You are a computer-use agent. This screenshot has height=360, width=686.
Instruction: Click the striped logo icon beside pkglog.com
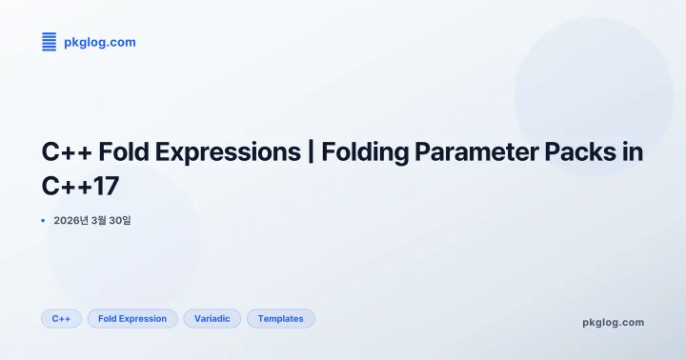click(x=50, y=42)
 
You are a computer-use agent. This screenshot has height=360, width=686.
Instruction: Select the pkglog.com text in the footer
click(x=613, y=322)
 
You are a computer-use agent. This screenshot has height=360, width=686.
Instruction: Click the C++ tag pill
click(x=61, y=318)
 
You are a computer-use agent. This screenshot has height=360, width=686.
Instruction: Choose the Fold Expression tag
click(x=132, y=318)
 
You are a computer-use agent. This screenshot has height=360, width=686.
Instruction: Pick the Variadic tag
click(x=212, y=318)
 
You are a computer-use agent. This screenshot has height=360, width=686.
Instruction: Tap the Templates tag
click(x=280, y=318)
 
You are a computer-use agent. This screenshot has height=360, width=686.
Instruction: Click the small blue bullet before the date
click(x=43, y=220)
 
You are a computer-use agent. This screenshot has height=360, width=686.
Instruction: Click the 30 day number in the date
click(x=116, y=221)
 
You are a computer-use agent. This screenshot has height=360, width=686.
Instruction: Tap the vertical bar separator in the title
click(x=312, y=151)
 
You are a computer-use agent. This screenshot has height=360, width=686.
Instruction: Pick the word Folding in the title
click(x=368, y=151)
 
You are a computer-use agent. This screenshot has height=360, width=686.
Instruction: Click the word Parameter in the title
click(x=484, y=151)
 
